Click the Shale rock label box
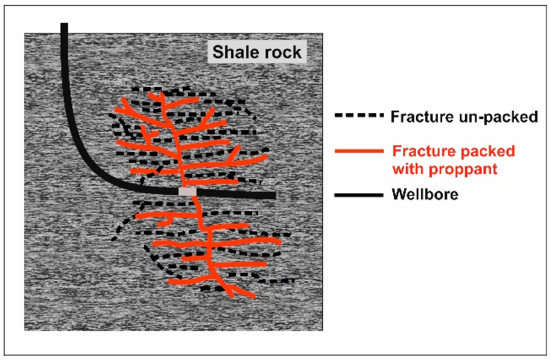coord(257,52)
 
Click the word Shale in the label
coord(234,52)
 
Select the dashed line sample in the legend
coord(359,115)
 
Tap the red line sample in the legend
coord(359,151)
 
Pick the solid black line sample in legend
coord(359,195)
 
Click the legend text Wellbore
coord(425,194)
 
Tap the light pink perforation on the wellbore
coord(187,192)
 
